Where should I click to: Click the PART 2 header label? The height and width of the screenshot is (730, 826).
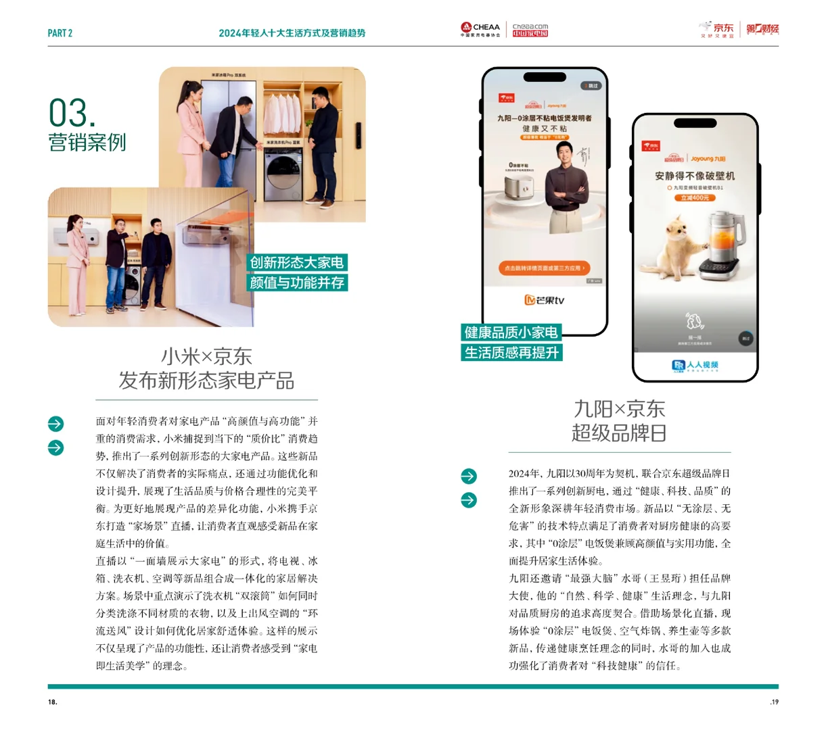60,33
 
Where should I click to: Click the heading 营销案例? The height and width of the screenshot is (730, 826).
87,143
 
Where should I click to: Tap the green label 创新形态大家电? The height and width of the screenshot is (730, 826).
297,262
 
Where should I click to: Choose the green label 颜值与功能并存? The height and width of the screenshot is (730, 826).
297,283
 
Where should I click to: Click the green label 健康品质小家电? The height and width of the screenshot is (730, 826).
511,332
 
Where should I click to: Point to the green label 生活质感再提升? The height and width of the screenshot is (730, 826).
511,353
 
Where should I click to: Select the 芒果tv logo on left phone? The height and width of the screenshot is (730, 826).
544,300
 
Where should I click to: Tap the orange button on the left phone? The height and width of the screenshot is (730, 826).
544,268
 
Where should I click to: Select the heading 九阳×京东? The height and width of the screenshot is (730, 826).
619,409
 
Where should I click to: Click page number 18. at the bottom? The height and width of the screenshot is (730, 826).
53,702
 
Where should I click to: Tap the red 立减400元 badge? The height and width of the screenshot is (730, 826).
695,197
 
